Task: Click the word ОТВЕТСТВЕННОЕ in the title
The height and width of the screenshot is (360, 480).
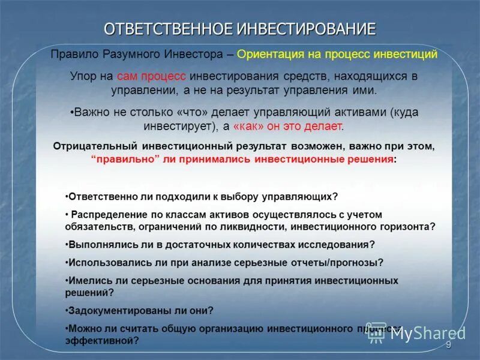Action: pyautogui.click(x=167, y=28)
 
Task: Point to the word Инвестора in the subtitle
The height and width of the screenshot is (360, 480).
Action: pyautogui.click(x=194, y=55)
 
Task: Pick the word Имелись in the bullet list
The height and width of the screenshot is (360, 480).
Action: pyautogui.click(x=86, y=280)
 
